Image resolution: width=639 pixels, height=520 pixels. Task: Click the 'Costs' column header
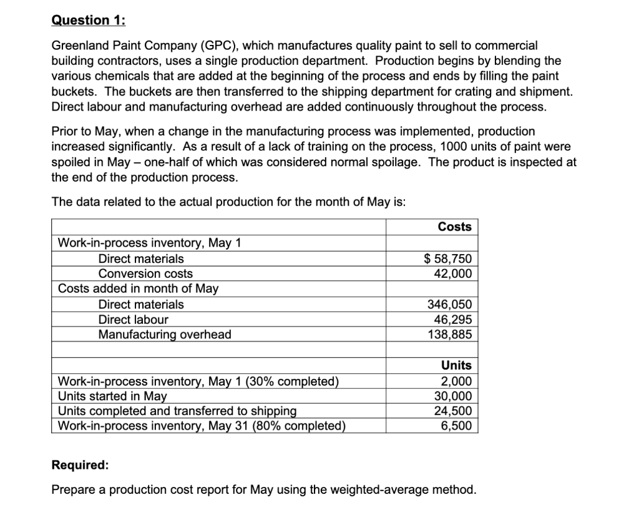pos(454,227)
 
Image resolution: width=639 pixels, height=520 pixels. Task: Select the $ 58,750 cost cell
pos(448,259)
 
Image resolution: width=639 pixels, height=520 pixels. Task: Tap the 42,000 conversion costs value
pos(453,273)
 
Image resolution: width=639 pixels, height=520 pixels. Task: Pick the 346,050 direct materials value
pos(449,305)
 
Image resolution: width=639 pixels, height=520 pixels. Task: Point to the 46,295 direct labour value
pos(453,320)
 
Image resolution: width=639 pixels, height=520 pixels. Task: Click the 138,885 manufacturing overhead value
pos(449,335)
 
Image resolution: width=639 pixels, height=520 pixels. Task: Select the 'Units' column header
pos(456,365)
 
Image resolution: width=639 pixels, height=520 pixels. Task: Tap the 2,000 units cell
pos(456,381)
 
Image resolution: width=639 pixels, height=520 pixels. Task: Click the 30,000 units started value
pos(453,396)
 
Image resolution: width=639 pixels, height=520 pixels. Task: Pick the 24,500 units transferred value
pos(453,411)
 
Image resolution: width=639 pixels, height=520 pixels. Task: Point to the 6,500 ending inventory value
pos(456,426)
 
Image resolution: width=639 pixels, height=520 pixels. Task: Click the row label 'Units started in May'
pos(112,396)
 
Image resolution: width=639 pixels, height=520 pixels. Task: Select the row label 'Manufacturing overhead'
pos(165,335)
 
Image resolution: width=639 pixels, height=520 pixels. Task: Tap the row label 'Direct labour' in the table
pos(133,320)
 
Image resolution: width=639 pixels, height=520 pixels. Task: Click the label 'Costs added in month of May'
pos(138,289)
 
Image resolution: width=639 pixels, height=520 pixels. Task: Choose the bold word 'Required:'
pos(79,466)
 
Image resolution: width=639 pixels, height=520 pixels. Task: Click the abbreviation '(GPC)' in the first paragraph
pos(217,46)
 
